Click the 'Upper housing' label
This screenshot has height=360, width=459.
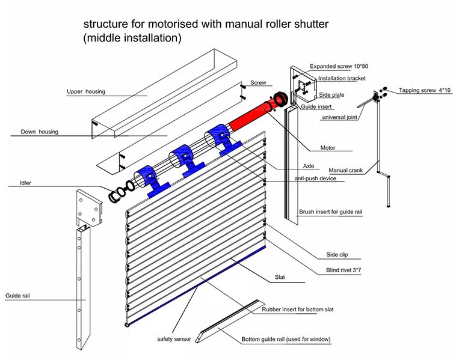[x=85, y=92]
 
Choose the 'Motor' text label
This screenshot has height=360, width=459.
[x=328, y=148]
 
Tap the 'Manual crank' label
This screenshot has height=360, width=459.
[x=348, y=170]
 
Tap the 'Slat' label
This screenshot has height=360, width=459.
[x=279, y=278]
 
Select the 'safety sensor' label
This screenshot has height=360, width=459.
[x=174, y=339]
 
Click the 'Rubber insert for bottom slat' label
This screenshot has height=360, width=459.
[x=297, y=310]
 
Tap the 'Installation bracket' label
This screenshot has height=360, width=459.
[x=342, y=78]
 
